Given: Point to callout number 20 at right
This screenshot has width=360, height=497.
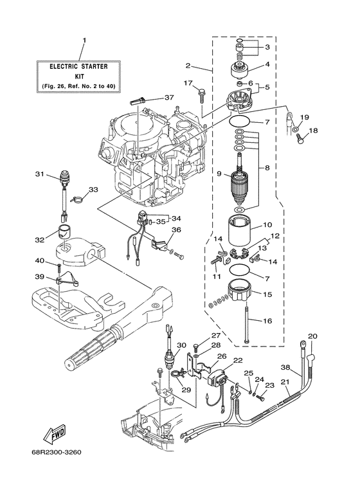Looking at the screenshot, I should [x=313, y=336].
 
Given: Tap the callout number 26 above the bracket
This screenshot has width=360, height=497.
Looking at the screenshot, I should [x=222, y=356].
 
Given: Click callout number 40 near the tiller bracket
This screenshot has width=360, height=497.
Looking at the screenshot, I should [x=39, y=260].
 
